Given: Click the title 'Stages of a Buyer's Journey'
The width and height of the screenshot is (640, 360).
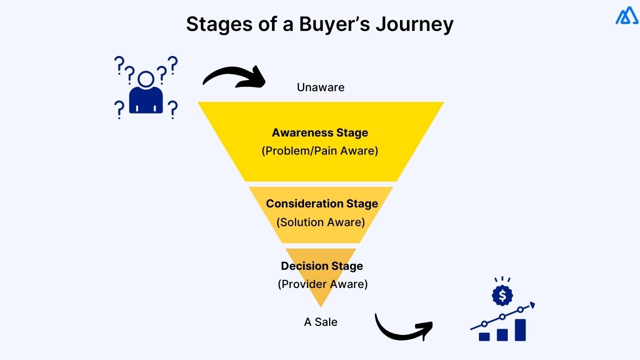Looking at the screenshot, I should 319,25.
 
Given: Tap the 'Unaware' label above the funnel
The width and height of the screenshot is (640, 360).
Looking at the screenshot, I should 321,87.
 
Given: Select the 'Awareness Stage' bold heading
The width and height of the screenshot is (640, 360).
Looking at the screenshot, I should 319,132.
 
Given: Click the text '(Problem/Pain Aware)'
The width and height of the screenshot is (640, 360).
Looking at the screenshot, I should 319,151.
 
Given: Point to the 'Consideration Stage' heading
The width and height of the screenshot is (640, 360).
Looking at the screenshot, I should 322,203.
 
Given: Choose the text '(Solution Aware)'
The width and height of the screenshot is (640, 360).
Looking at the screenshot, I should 321,222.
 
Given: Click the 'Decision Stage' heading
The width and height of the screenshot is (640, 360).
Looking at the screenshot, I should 322,266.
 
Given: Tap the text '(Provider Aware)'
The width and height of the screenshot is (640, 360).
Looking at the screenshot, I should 323,284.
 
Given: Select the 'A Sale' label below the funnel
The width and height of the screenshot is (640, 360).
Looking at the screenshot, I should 321,322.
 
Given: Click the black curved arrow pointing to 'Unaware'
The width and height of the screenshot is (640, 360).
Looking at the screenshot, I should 235,77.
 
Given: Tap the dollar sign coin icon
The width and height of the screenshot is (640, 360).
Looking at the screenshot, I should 502,295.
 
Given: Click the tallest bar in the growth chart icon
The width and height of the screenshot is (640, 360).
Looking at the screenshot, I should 520,330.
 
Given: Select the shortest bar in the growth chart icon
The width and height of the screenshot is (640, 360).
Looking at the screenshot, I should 484,337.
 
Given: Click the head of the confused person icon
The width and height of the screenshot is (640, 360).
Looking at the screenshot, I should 146,79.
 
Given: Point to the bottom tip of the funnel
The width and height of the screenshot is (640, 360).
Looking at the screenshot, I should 321,305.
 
